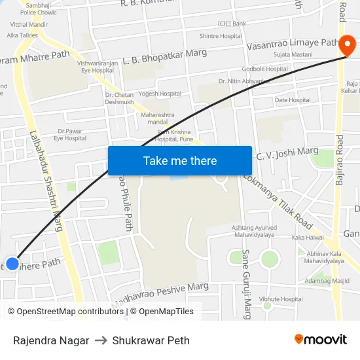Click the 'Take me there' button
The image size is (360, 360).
click(180, 160)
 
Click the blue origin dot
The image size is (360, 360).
click(12, 264)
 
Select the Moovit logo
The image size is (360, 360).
click(320, 339)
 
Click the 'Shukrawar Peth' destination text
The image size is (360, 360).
click(151, 340)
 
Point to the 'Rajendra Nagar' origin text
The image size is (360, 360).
click(51, 340)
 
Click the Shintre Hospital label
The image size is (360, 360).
click(221, 36)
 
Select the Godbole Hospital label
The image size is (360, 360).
click(265, 69)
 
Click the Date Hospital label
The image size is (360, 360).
click(293, 100)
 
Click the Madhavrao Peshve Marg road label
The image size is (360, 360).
click(161, 297)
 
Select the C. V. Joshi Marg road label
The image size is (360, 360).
click(287, 153)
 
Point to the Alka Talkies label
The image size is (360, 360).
click(22, 35)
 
